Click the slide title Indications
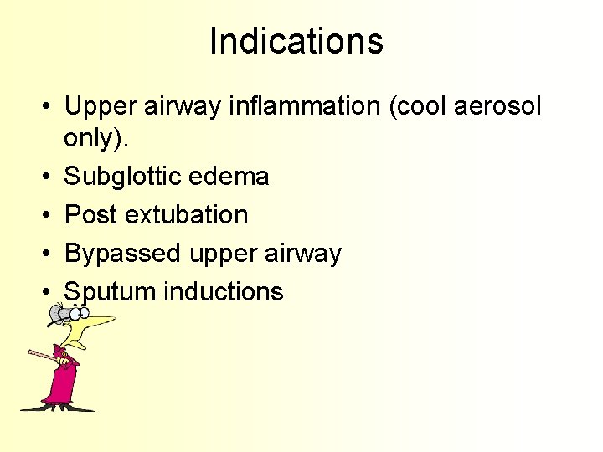point(296,41)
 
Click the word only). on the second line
point(99,139)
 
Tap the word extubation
point(187,215)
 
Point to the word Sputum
point(110,292)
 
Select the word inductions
point(224,292)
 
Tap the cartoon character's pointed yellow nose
point(100,321)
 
